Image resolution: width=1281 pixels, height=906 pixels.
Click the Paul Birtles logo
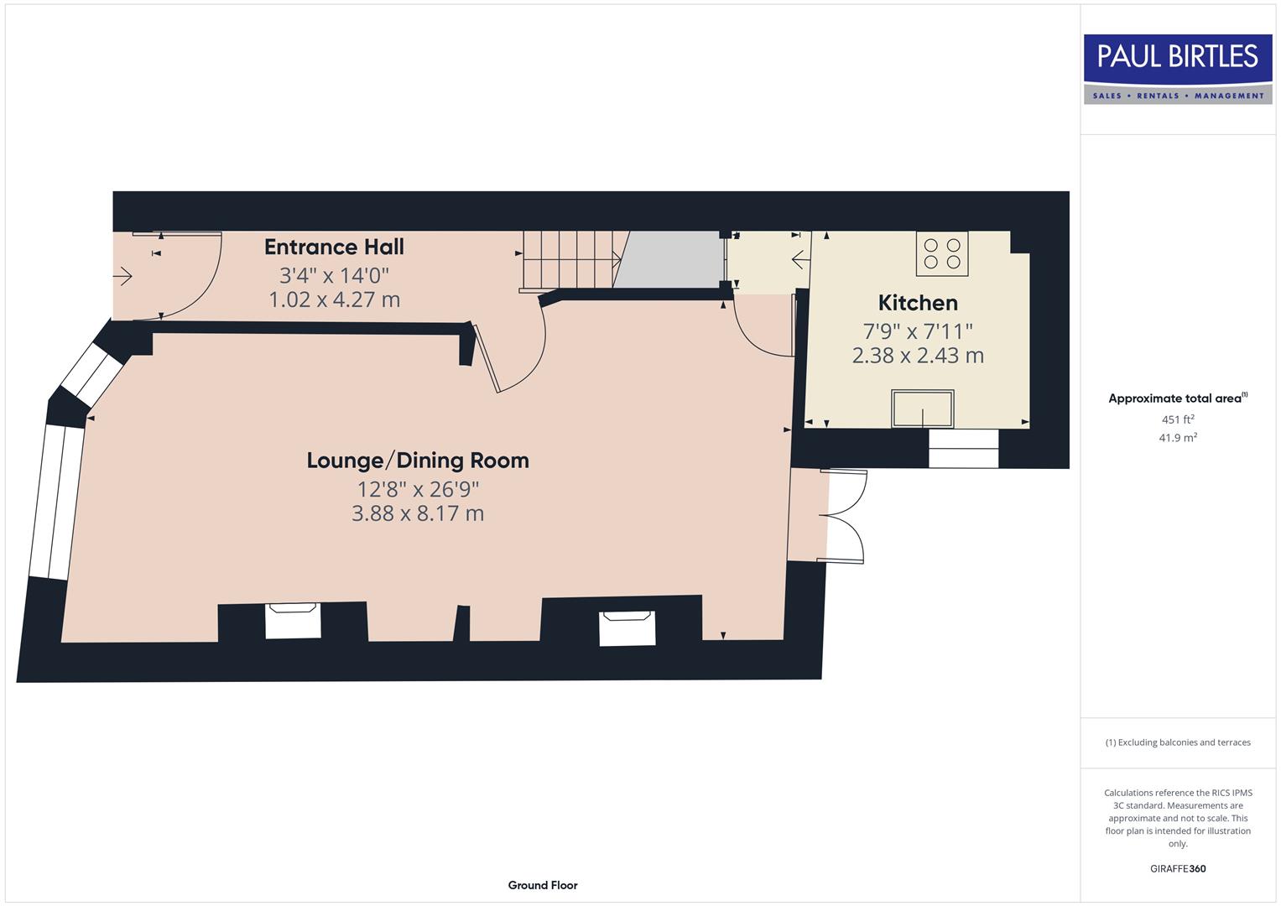tap(1178, 69)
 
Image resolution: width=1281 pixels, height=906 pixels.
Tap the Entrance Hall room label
tap(334, 247)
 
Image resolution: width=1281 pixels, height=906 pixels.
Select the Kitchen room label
tap(918, 303)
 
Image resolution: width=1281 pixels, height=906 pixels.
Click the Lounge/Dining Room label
tap(418, 461)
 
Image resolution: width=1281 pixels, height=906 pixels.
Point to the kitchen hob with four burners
tap(942, 253)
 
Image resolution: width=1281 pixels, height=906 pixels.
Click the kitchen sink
tap(922, 409)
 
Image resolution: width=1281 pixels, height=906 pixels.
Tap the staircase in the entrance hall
tap(568, 260)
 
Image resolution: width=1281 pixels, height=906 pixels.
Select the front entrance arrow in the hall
tap(122, 275)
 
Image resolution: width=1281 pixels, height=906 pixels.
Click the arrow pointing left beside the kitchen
tap(800, 259)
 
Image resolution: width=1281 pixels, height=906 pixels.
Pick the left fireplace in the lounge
tap(293, 621)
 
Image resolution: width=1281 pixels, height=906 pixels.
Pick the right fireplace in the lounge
tap(627, 628)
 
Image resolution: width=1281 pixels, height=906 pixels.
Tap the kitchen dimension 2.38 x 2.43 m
tap(918, 356)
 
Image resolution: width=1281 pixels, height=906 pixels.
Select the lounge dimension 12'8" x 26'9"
tap(418, 489)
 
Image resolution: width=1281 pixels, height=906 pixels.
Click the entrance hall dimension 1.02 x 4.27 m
tap(334, 299)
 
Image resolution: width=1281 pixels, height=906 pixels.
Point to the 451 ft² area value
tap(1178, 419)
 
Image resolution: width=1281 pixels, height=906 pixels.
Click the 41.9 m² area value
tap(1178, 438)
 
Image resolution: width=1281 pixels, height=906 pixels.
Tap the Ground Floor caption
tap(543, 885)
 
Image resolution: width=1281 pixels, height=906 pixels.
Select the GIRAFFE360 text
tap(1178, 868)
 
